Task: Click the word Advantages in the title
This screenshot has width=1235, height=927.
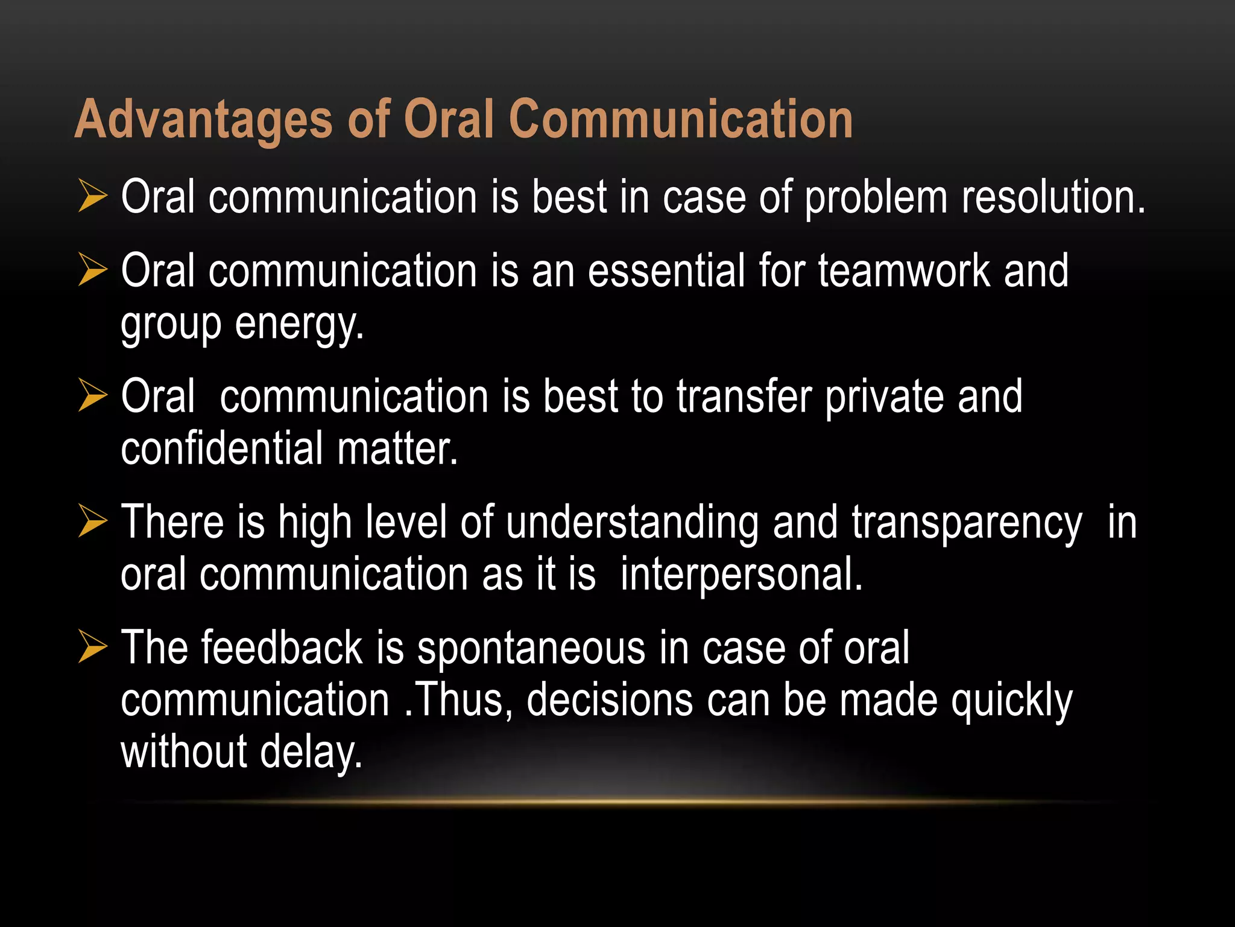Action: [203, 119]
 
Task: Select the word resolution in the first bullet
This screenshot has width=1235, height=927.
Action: [1053, 197]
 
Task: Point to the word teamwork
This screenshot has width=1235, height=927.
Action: [903, 271]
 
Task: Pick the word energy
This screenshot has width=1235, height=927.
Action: [299, 324]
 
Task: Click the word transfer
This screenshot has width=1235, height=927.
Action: [744, 397]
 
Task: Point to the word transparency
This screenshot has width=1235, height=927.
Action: [967, 523]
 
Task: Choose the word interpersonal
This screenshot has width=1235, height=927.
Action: [741, 575]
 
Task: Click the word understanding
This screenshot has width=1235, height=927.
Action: [632, 523]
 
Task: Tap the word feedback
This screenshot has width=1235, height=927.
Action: [282, 648]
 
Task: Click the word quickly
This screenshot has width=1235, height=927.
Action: [1011, 701]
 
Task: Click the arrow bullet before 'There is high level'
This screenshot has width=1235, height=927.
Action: [92, 521]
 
